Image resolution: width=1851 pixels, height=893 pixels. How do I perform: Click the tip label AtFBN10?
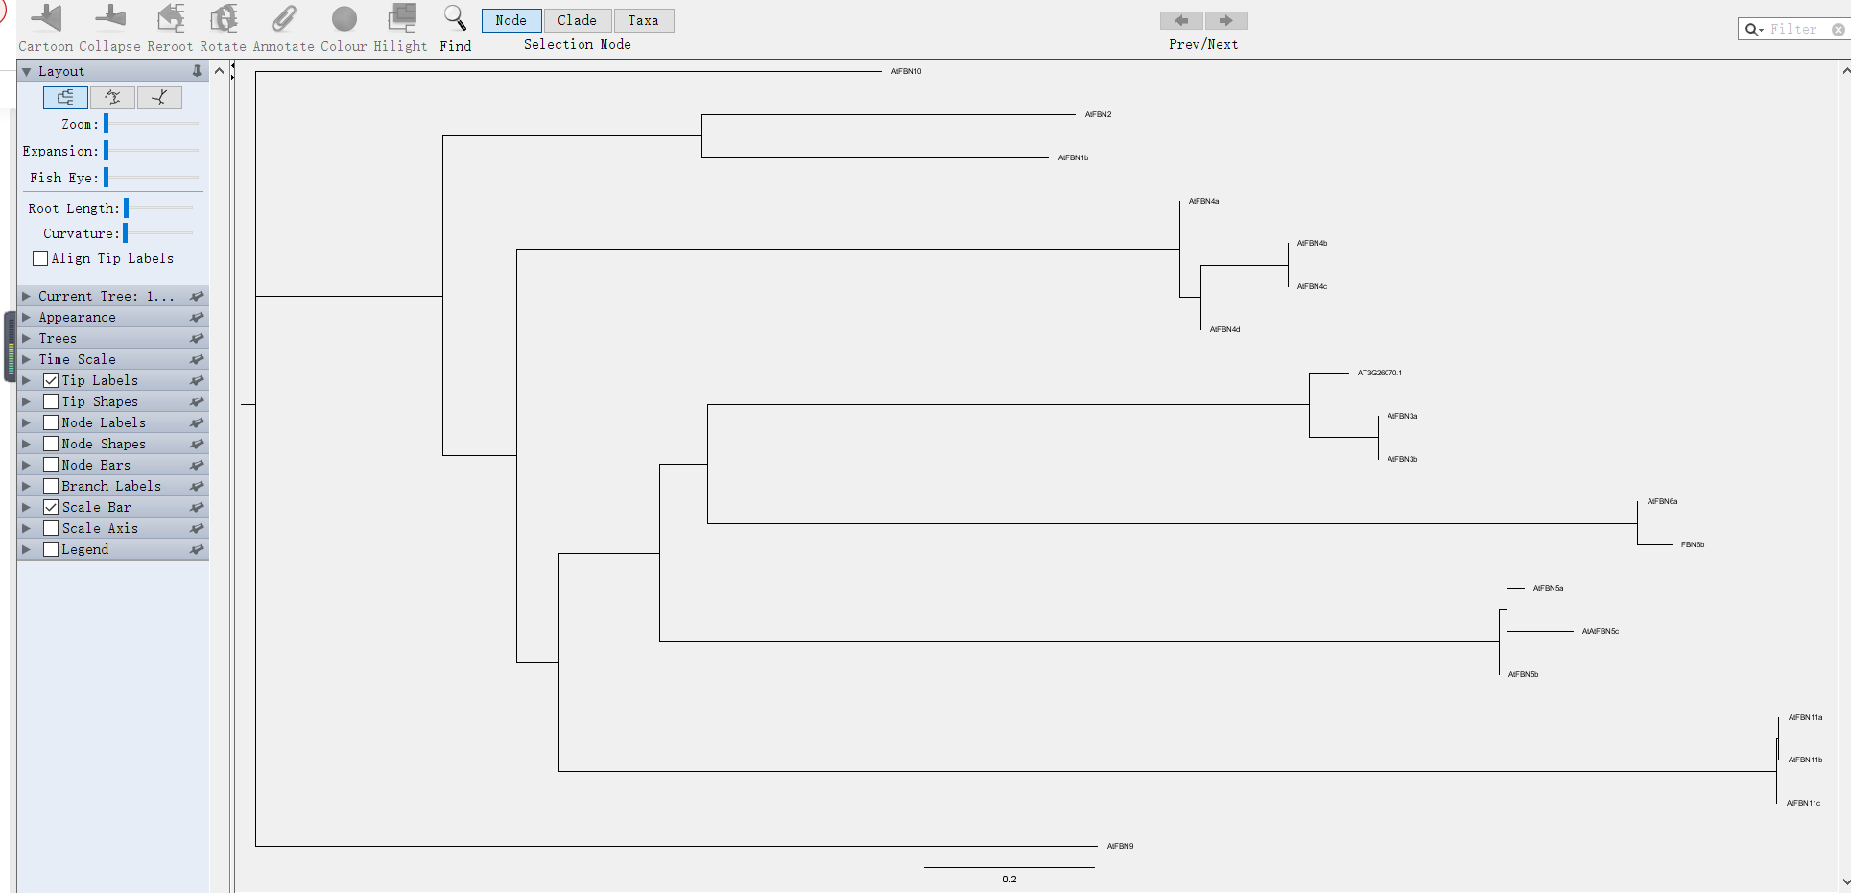click(906, 71)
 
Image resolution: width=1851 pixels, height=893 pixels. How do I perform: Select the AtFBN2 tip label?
click(1098, 114)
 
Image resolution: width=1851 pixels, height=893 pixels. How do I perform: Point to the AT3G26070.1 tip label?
click(1379, 373)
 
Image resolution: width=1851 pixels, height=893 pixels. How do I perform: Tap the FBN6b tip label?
click(1692, 544)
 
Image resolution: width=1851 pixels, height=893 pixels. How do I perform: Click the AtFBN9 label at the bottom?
click(1120, 846)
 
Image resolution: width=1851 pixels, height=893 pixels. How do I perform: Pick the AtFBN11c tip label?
click(1803, 803)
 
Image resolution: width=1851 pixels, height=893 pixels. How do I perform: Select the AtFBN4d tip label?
click(1224, 329)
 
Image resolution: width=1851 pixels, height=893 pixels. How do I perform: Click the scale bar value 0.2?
click(1009, 879)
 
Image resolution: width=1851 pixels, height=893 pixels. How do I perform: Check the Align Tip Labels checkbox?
click(40, 258)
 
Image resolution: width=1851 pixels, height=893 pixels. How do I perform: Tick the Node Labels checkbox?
click(51, 422)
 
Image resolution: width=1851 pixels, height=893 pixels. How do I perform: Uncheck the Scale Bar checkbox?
click(51, 507)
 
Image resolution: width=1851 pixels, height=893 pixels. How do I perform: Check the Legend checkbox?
click(51, 549)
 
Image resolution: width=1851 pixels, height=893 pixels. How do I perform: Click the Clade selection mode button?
click(577, 20)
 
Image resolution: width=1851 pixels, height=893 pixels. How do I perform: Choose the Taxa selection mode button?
click(643, 20)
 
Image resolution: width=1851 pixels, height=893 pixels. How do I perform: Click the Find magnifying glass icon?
click(455, 18)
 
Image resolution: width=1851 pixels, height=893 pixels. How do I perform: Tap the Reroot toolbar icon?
click(171, 18)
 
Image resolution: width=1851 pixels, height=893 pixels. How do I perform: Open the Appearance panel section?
click(77, 317)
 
